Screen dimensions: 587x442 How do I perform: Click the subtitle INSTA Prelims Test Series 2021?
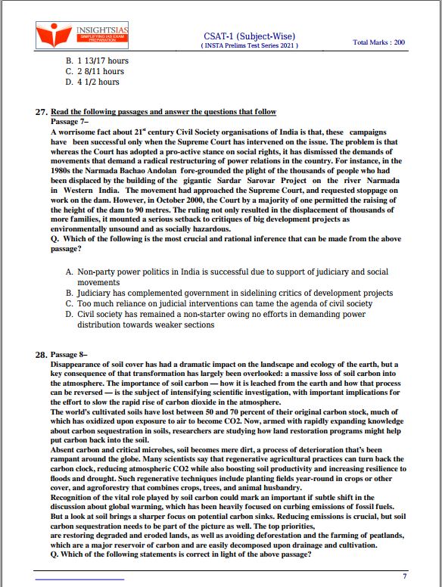click(x=250, y=46)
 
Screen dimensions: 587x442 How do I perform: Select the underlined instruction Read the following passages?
click(x=163, y=112)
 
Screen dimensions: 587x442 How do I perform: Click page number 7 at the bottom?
click(x=405, y=576)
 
